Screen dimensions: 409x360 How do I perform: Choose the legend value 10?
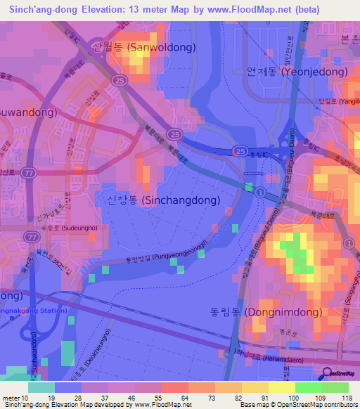pos(25,398)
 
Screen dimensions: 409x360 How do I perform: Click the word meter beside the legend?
pos(11,398)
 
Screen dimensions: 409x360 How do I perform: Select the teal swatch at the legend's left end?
pos(41,387)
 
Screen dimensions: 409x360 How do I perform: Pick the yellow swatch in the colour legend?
pos(255,387)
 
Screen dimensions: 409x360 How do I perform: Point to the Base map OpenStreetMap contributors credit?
pos(303,405)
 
